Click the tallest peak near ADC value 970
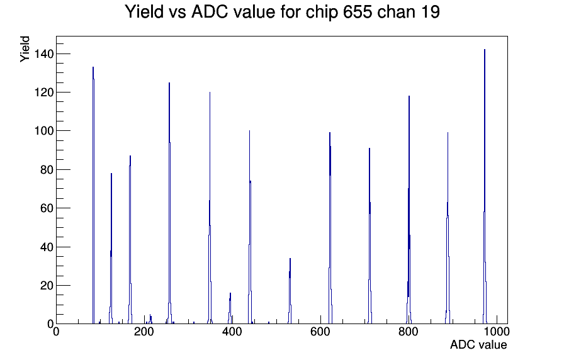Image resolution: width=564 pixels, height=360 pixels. [x=485, y=187]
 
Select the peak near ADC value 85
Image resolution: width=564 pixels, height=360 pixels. [x=93, y=194]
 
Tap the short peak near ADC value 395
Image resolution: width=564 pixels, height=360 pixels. [x=230, y=309]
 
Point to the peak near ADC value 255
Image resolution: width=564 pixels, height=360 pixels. [x=169, y=203]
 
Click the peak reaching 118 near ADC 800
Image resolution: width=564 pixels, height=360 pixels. [x=409, y=210]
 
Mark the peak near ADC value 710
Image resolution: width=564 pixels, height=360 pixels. [x=369, y=235]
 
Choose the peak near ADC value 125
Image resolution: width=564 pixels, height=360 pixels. [x=111, y=248]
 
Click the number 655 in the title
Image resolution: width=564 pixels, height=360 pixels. [x=358, y=12]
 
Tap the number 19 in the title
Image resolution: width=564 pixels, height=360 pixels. [x=429, y=12]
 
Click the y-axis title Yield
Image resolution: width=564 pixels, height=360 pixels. [x=25, y=49]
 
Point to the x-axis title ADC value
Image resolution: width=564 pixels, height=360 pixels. [x=478, y=344]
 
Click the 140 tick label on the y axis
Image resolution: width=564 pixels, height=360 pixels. [x=44, y=54]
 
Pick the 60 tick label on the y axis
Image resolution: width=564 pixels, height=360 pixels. [x=47, y=208]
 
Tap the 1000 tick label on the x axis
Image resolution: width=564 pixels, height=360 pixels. [x=497, y=331]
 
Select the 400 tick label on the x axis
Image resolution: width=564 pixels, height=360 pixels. [x=232, y=331]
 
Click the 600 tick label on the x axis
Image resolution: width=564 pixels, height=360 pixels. [x=320, y=331]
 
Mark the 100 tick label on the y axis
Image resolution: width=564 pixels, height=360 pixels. [x=44, y=131]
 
